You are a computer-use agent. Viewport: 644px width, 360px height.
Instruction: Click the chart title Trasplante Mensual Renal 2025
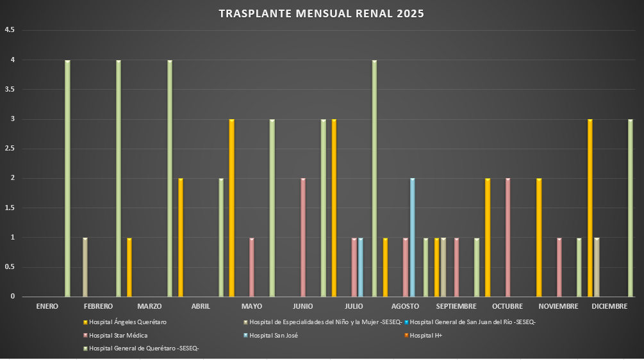coord(321,13)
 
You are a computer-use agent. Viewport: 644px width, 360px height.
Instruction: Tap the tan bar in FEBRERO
coord(85,267)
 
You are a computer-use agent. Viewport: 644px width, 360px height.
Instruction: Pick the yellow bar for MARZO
coord(129,267)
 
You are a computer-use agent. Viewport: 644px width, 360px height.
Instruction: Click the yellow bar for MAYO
coord(231,208)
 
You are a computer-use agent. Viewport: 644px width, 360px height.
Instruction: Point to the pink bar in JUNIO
coord(303,238)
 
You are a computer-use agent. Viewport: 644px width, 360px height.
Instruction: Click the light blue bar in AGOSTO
coord(413,238)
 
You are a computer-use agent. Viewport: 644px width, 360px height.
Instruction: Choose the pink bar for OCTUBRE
coord(508,238)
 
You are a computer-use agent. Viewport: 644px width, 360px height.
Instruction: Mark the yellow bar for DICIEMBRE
coord(590,208)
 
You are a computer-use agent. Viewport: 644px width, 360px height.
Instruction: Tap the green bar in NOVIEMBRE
coord(579,267)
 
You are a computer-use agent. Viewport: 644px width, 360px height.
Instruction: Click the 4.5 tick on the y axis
coord(10,30)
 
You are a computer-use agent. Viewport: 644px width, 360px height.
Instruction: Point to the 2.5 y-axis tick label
coord(10,149)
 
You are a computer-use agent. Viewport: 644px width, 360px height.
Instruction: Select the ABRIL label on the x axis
coord(201,306)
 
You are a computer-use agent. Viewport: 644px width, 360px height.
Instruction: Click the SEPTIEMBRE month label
coord(456,306)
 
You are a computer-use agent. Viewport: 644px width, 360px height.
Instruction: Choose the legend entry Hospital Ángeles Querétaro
coord(128,322)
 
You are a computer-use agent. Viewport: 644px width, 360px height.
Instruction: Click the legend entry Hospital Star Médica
coord(119,335)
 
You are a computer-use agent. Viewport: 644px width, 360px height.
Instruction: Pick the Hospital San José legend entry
coord(273,335)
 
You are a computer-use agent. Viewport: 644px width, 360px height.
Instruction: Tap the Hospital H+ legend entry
coord(425,335)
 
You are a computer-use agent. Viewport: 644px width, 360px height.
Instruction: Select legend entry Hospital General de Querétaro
coord(144,348)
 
